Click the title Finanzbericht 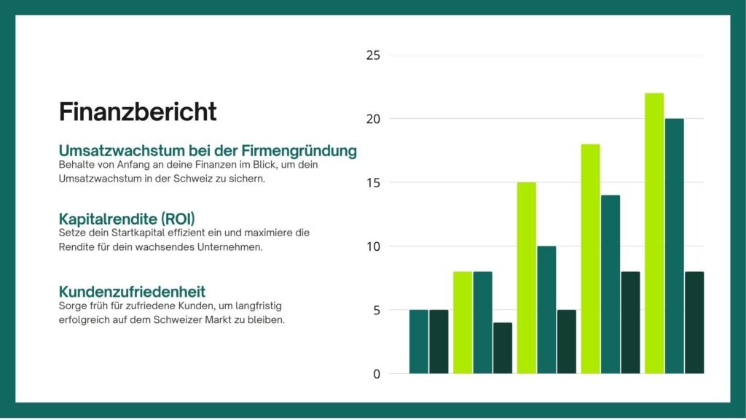[x=138, y=112]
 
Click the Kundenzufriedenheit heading [x=132, y=292]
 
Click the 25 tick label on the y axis [x=373, y=55]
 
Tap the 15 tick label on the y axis [x=373, y=183]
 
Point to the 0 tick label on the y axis [x=376, y=374]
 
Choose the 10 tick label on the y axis [x=373, y=246]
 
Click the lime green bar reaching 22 [x=654, y=233]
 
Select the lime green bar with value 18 [x=590, y=259]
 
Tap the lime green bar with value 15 [x=526, y=278]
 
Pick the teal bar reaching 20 [x=674, y=246]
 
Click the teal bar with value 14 [x=610, y=284]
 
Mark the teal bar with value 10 [x=546, y=310]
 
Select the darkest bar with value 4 [x=502, y=349]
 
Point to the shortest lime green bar [x=463, y=323]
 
